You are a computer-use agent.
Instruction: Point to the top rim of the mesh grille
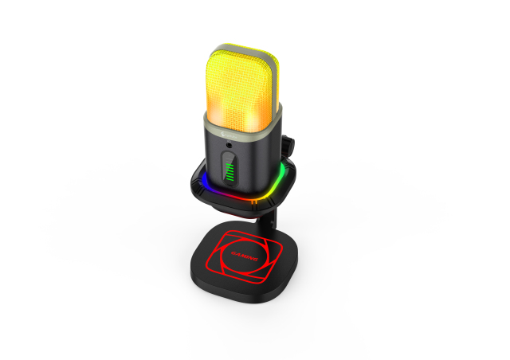[x=239, y=50]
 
